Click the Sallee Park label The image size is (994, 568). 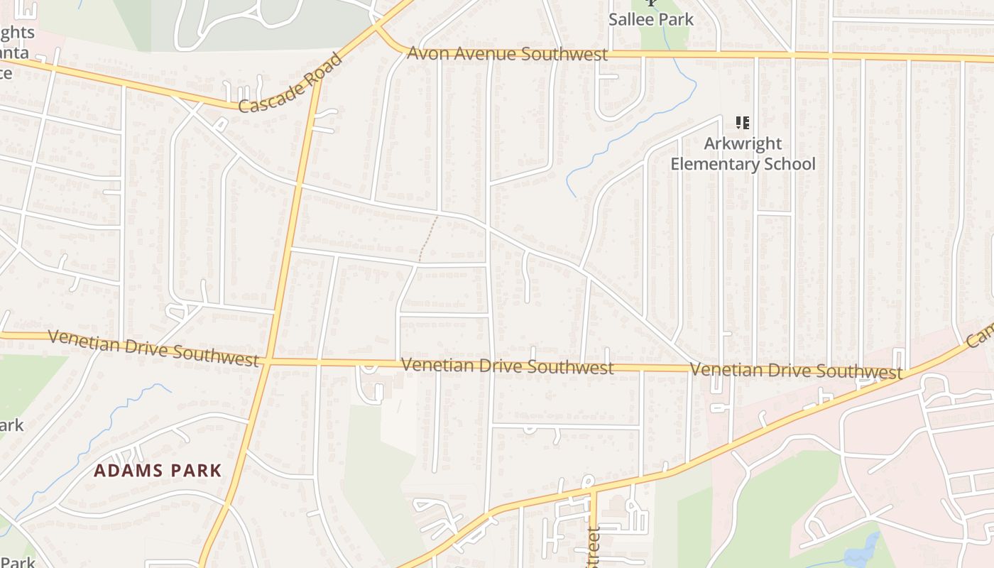pos(650,18)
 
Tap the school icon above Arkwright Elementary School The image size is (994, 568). pos(743,123)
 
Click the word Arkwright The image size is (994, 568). pos(743,143)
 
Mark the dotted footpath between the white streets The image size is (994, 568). pos(427,238)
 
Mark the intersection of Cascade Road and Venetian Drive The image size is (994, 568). pos(268,361)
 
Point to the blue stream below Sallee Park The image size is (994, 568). pos(625,128)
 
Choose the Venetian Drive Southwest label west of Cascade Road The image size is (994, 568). pos(153,347)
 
